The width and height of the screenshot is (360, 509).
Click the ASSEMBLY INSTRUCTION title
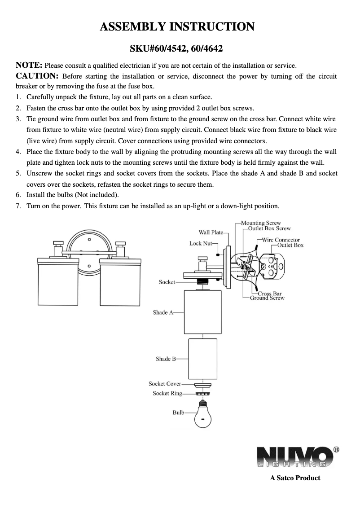point(177,26)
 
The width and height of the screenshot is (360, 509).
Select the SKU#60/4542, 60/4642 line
point(177,48)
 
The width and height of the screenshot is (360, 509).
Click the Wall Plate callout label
point(211,233)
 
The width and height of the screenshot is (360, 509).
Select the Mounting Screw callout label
point(261,223)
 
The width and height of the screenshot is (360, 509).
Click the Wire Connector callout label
point(281,240)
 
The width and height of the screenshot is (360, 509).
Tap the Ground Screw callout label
point(268,298)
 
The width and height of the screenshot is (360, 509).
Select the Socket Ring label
point(167,394)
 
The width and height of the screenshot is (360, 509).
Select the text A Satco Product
point(295,478)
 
